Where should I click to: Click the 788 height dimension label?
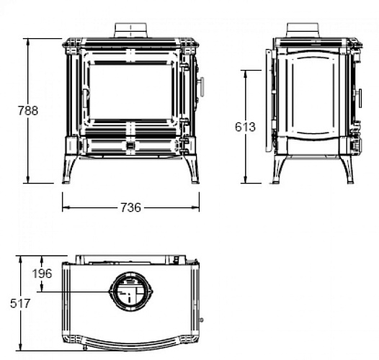(28, 111)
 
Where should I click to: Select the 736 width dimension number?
(130, 207)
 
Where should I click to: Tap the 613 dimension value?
(245, 127)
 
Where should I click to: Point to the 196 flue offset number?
(42, 274)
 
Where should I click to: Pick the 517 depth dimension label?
(20, 303)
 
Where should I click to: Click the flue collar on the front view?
(130, 30)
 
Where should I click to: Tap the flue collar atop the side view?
(303, 30)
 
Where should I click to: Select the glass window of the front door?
(130, 91)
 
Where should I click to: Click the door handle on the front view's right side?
(201, 86)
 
